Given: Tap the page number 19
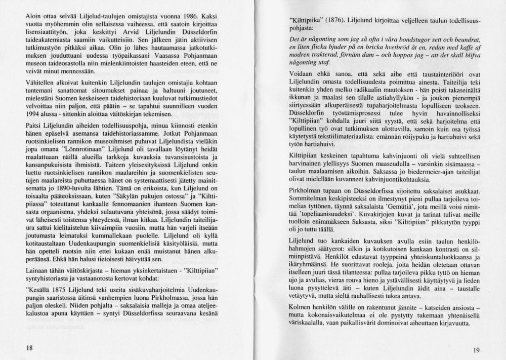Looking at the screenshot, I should point(474,349).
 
